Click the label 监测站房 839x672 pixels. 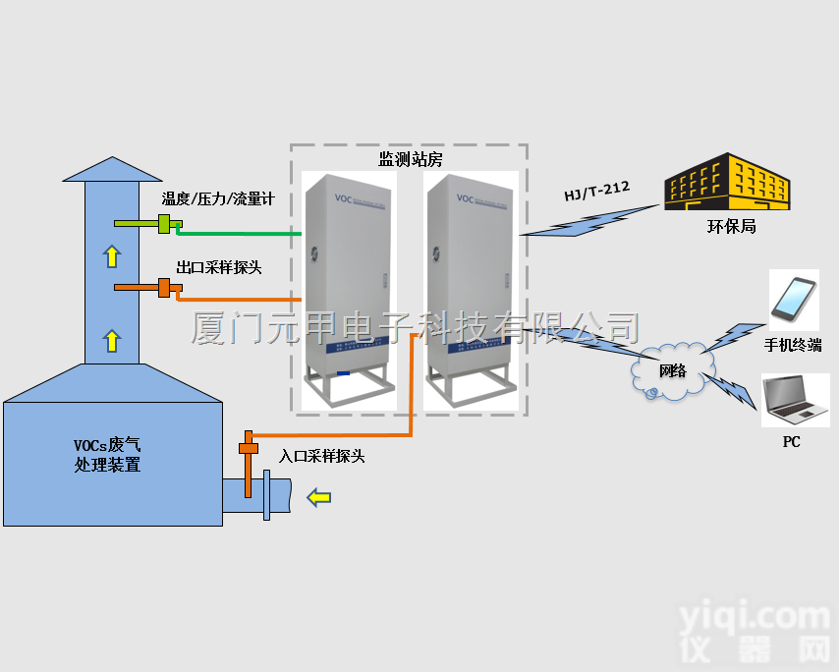point(411,157)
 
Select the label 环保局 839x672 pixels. point(732,227)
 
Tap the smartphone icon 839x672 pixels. point(794,299)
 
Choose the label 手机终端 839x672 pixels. point(793,345)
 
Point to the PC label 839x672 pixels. point(791,442)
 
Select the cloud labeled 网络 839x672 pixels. point(672,370)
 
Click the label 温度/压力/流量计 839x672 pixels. point(218,199)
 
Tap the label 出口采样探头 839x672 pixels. point(218,266)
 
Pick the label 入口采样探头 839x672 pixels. point(322,456)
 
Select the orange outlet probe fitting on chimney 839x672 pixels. point(164,288)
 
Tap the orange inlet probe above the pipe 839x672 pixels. point(247,444)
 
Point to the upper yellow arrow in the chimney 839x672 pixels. point(111,257)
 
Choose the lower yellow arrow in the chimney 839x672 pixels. point(111,341)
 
